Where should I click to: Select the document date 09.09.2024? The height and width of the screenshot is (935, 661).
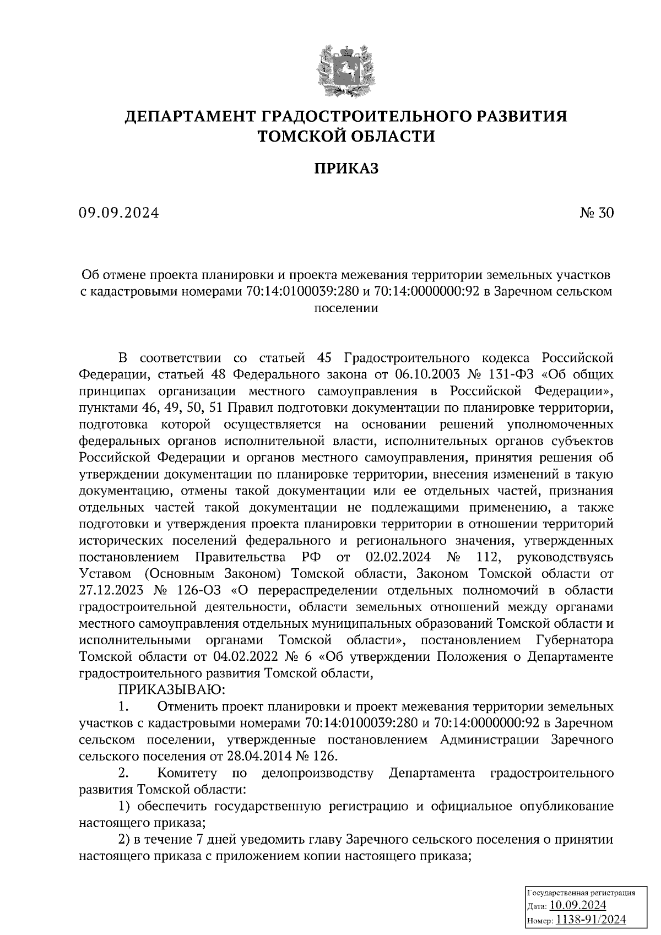tap(118, 213)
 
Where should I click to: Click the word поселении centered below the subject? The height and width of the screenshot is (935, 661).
tap(346, 308)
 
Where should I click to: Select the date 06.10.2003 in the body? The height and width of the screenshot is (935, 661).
tap(423, 375)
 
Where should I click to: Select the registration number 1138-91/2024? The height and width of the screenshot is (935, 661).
tap(590, 920)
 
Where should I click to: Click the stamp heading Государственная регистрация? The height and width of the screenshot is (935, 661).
tap(581, 893)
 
